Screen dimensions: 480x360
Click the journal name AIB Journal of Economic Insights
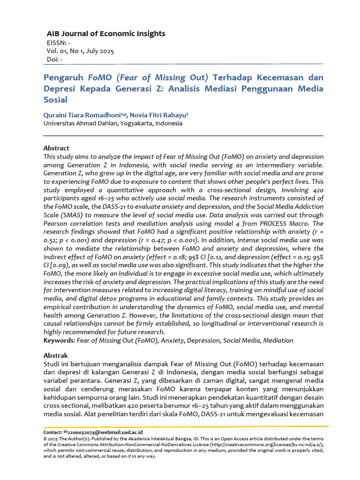tap(105, 34)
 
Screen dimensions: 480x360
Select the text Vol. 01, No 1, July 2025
tap(80, 51)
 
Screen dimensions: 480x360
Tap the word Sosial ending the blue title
tap(55, 99)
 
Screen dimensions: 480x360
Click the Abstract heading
tap(56, 148)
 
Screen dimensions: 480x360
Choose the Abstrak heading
tap(55, 356)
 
